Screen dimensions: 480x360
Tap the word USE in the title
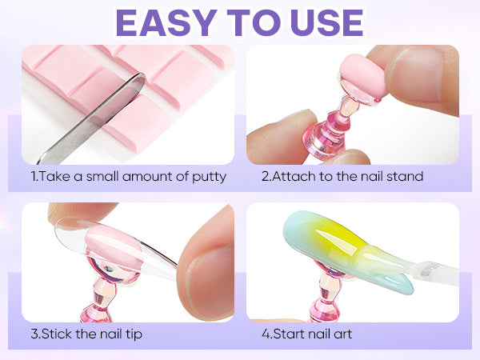tap(327, 23)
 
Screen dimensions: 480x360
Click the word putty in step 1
tap(209, 178)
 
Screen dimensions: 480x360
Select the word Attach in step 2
tap(293, 176)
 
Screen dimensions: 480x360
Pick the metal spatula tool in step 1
tap(91, 118)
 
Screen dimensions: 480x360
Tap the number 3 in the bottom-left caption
tap(34, 334)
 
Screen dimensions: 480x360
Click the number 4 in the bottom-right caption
tap(266, 334)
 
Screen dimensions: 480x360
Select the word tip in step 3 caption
tap(134, 334)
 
